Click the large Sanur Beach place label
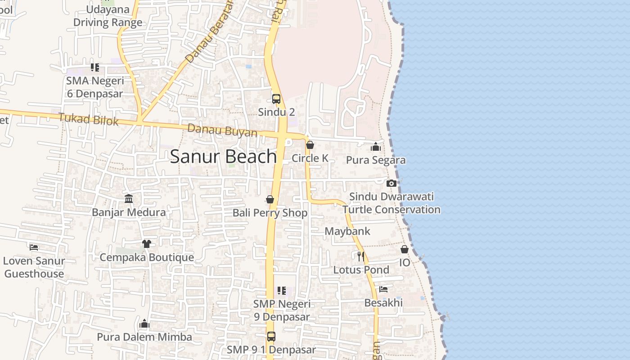click(224, 156)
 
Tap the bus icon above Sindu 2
click(276, 99)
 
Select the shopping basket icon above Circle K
click(310, 145)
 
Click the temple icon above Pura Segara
click(376, 147)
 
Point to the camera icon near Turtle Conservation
click(391, 183)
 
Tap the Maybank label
click(347, 231)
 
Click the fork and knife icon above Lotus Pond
click(360, 256)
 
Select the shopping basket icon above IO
click(405, 249)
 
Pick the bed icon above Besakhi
click(383, 289)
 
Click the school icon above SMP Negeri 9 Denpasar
click(282, 291)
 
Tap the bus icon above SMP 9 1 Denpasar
click(271, 336)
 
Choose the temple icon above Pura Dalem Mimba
click(144, 324)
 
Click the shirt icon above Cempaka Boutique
click(147, 244)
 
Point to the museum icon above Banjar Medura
click(129, 198)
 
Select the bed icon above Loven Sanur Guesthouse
click(34, 247)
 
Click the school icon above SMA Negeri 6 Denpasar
click(95, 67)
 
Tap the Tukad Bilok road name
click(89, 120)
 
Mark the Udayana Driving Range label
click(108, 16)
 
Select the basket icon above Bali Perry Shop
click(270, 199)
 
